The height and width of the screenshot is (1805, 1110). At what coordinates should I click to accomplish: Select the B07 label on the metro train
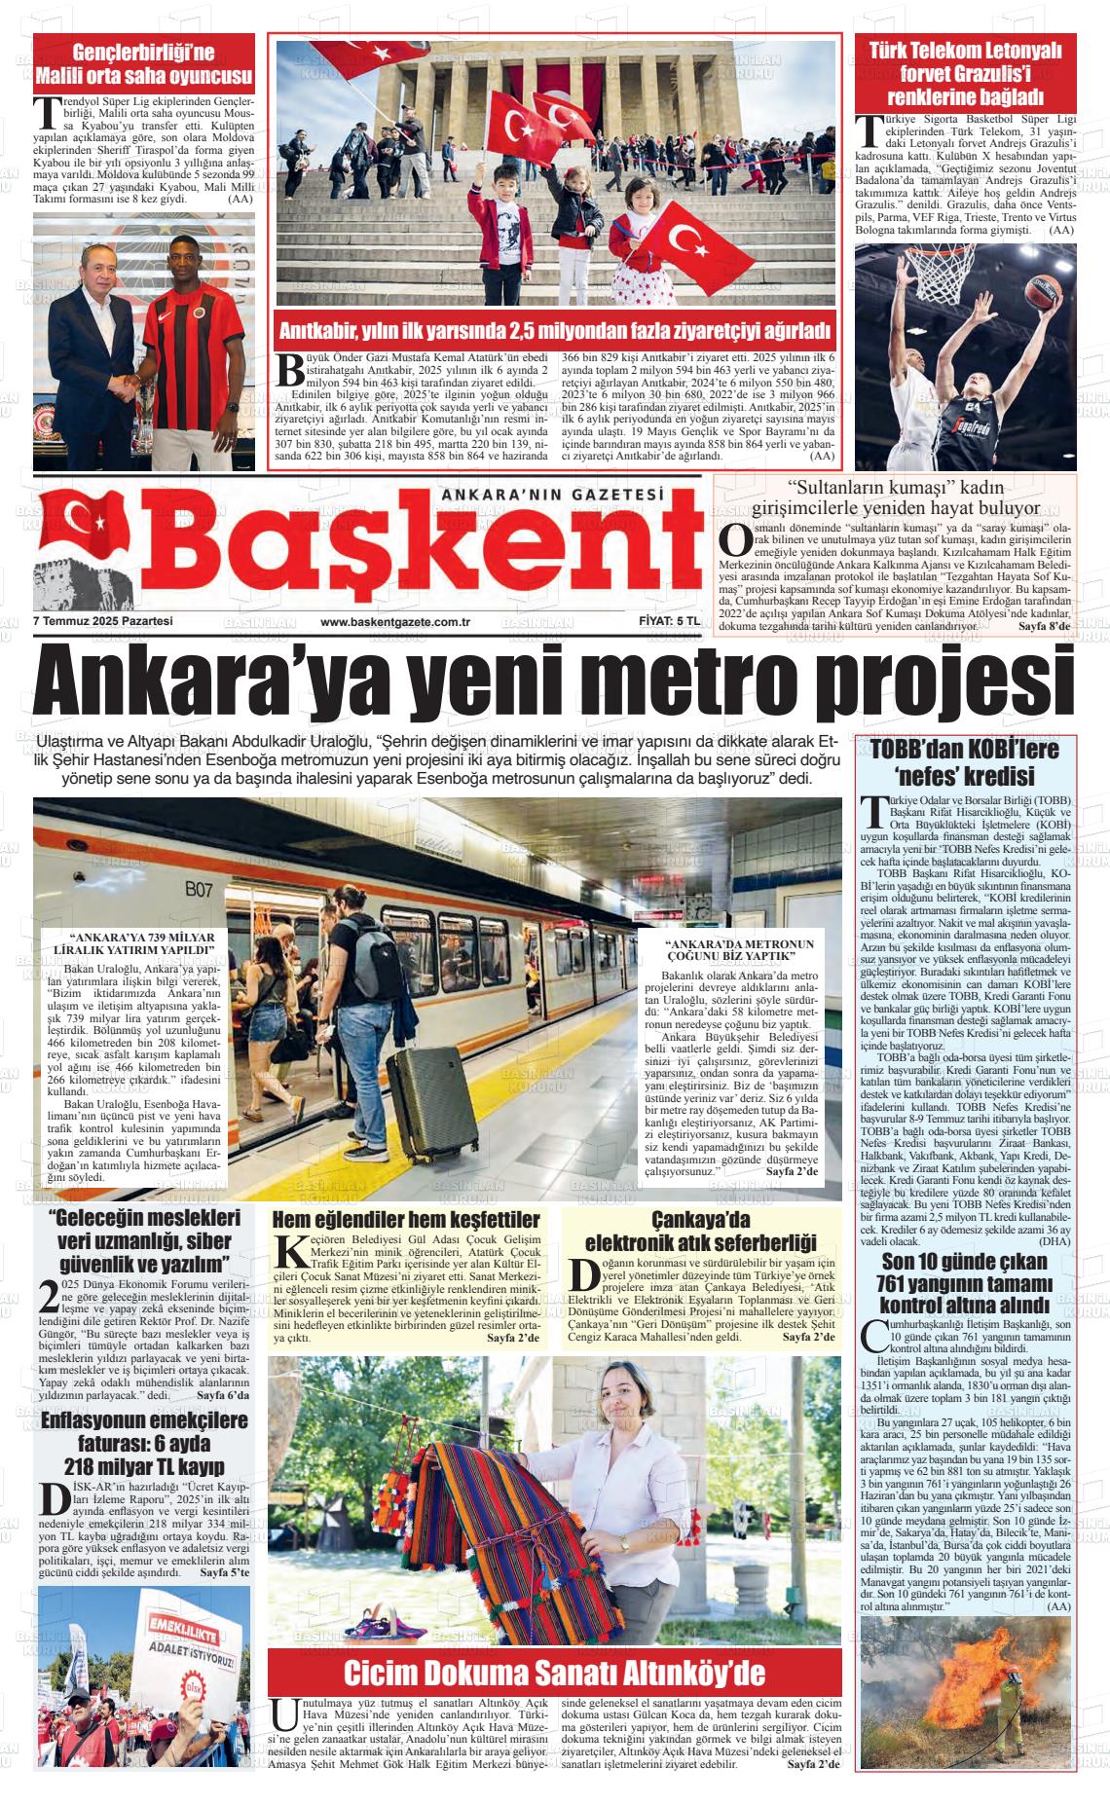199,888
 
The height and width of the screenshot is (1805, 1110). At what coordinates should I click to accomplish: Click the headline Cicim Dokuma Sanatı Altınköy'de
554,1673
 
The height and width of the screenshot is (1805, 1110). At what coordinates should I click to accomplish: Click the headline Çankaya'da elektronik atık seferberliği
700,1232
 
